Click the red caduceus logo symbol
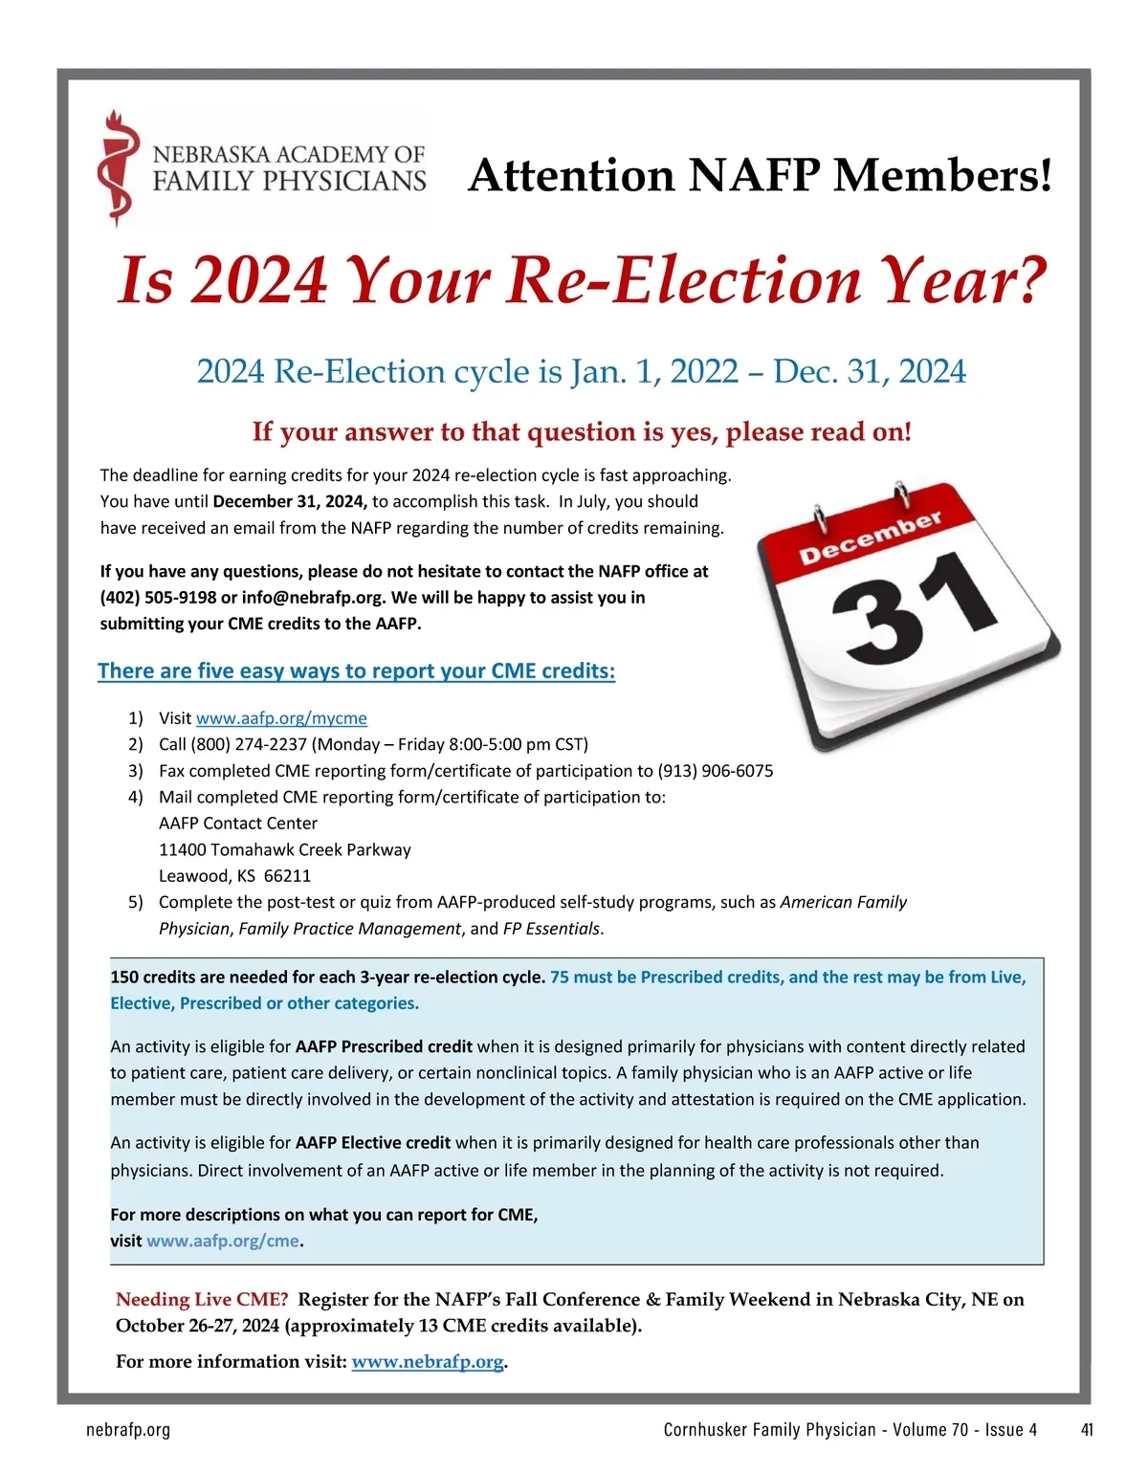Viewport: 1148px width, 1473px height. pos(117,168)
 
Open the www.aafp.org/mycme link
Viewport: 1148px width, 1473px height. pos(281,718)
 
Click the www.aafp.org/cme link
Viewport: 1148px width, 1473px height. pos(222,1242)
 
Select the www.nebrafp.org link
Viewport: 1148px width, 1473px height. pos(427,1362)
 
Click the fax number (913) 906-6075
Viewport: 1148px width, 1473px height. pos(716,771)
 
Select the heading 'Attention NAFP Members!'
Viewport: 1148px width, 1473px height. pos(760,176)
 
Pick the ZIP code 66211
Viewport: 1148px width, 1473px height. pos(287,876)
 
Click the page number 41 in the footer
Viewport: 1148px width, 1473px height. pos(1087,1430)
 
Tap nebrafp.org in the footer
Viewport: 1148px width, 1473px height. pos(128,1430)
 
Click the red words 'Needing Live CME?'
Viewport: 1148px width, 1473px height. pos(202,1300)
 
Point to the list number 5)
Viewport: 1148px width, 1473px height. pos(136,902)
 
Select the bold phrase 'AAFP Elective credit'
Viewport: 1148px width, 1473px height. pos(373,1143)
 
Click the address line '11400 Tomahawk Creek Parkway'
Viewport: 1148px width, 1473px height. pos(285,849)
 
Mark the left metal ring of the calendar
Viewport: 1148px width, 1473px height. pos(820,521)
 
